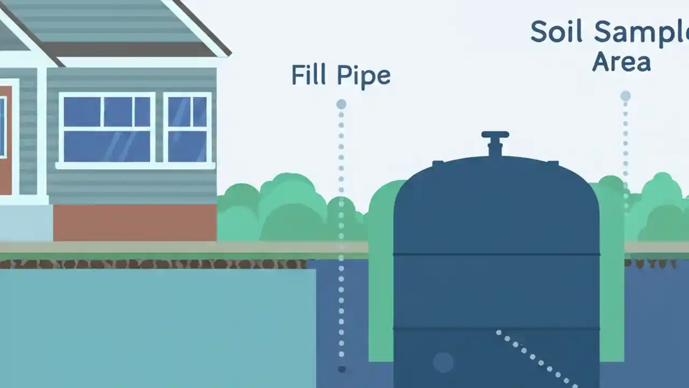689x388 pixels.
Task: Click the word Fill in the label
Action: tap(309, 75)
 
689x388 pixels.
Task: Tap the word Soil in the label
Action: tap(556, 32)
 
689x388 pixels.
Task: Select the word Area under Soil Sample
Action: tap(621, 61)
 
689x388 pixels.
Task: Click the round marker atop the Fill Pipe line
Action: tap(341, 104)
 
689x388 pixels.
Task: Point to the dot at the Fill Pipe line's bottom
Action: tap(341, 369)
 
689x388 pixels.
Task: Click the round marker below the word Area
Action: tap(625, 96)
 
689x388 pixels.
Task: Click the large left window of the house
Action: tap(107, 128)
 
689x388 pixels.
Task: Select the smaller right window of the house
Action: tap(187, 128)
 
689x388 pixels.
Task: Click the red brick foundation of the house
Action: tap(135, 222)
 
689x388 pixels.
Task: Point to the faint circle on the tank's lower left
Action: tap(443, 362)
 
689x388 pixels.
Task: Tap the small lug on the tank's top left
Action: tap(438, 163)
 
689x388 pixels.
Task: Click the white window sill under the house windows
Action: tap(135, 166)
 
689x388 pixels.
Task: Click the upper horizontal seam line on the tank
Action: tap(496, 254)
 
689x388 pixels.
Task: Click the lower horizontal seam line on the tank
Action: tap(496, 328)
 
